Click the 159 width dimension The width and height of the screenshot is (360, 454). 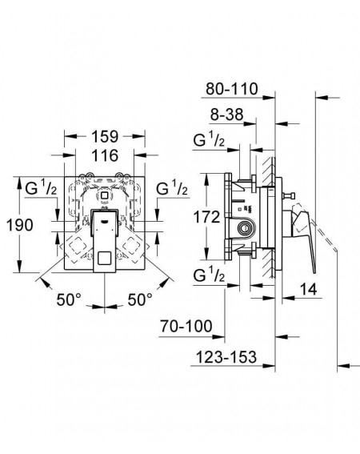tap(105, 136)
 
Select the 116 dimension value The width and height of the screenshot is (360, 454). tap(105, 155)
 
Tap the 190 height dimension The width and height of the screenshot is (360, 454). tap(20, 225)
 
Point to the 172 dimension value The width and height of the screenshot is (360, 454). tap(206, 217)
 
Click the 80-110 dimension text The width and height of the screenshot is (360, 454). tap(232, 89)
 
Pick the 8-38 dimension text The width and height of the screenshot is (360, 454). tap(226, 115)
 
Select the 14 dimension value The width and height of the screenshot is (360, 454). tap(308, 289)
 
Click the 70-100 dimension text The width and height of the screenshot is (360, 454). tap(186, 327)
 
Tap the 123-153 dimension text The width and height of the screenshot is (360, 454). tap(226, 357)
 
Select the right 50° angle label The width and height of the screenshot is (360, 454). tap(140, 299)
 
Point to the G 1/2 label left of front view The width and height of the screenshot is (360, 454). tap(41, 188)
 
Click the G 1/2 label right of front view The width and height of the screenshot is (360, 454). tap(172, 188)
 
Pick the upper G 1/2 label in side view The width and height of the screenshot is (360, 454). tap(209, 140)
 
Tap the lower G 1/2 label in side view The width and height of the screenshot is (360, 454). tap(209, 275)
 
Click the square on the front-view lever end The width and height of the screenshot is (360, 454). tap(105, 257)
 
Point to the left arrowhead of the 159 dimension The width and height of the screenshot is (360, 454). tap(70, 136)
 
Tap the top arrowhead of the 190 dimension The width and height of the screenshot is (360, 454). tap(19, 183)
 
